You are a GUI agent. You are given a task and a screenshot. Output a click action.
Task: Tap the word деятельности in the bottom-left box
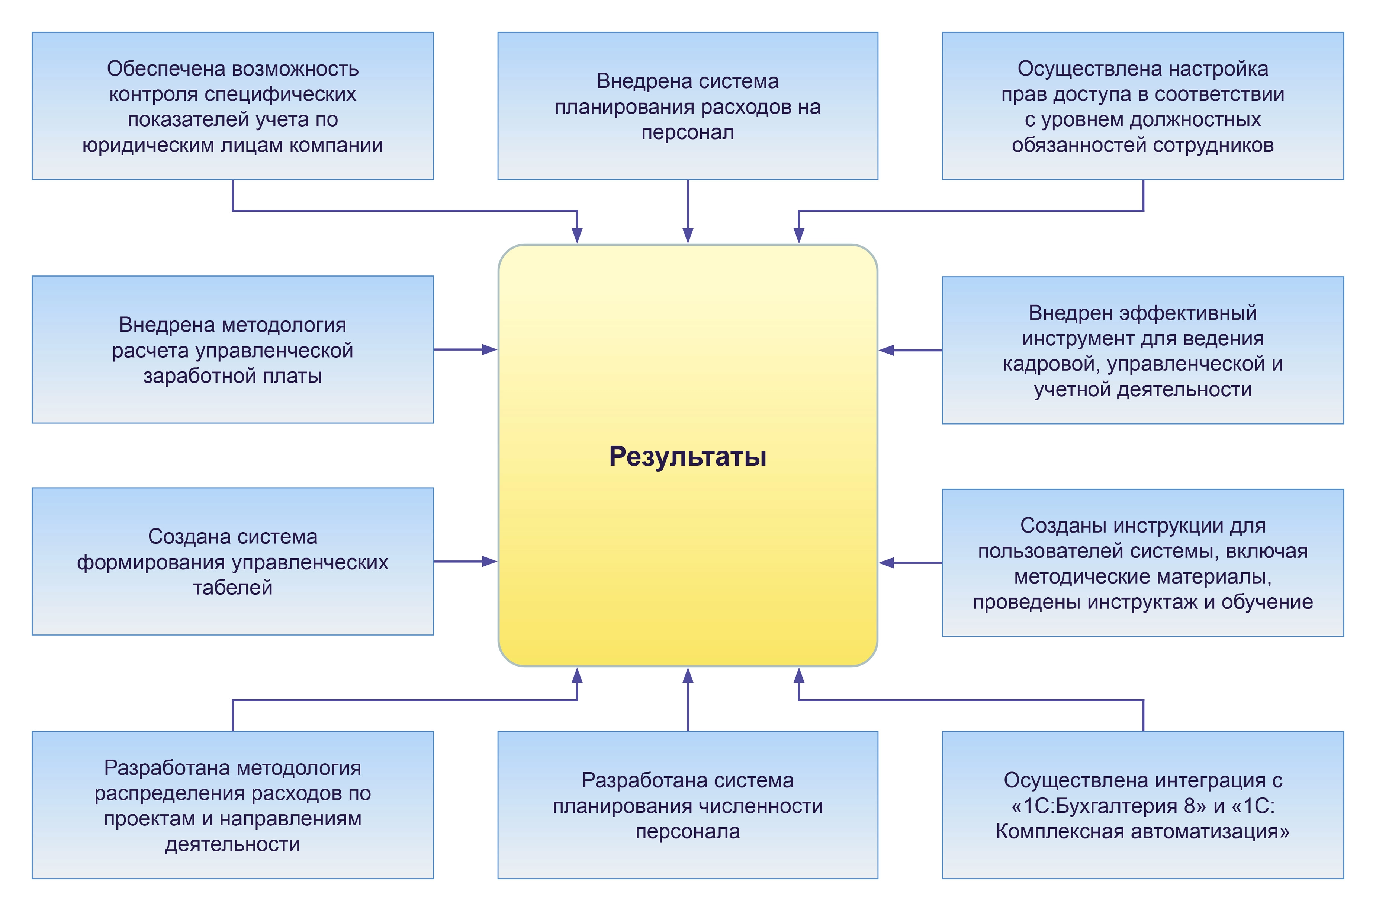pyautogui.click(x=233, y=844)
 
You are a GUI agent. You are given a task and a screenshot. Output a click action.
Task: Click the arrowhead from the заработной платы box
pyautogui.click(x=489, y=350)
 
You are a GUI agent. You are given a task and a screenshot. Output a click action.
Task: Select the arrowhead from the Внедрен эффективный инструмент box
pyautogui.click(x=887, y=350)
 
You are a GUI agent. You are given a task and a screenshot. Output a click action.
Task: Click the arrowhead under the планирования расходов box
pyautogui.click(x=688, y=235)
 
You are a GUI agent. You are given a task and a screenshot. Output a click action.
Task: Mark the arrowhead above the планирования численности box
pyautogui.click(x=688, y=675)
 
